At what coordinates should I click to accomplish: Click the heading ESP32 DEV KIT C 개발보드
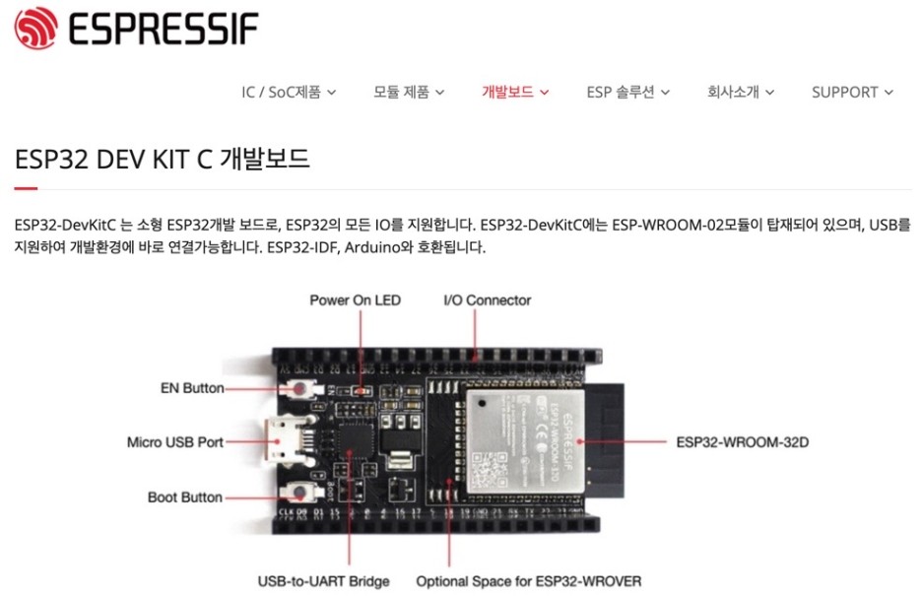[163, 159]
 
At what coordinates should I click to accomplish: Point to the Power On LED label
[355, 299]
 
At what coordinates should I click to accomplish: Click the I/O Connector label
[487, 299]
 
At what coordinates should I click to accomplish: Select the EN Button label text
[192, 388]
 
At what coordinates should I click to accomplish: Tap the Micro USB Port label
[175, 442]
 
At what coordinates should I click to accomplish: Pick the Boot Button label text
[185, 497]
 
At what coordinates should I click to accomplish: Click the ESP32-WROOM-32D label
[743, 442]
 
